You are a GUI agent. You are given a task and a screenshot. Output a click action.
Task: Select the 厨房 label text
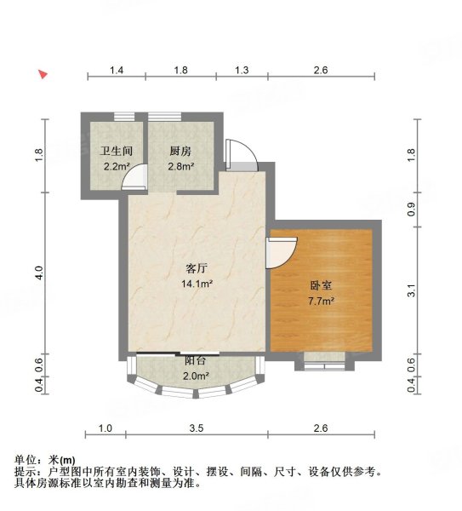[180, 151]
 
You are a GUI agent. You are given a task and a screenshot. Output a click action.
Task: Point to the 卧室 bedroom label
[319, 286]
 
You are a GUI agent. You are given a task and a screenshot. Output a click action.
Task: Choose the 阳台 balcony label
[195, 361]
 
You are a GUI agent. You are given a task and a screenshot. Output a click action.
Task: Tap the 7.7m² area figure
[320, 301]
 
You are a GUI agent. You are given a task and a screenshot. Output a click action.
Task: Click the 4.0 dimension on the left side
[37, 273]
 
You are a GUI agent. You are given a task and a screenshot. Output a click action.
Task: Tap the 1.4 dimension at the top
[117, 70]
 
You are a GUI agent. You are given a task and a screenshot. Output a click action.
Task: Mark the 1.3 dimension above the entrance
[242, 70]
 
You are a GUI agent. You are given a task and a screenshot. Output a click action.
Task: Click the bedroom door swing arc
[281, 250]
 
